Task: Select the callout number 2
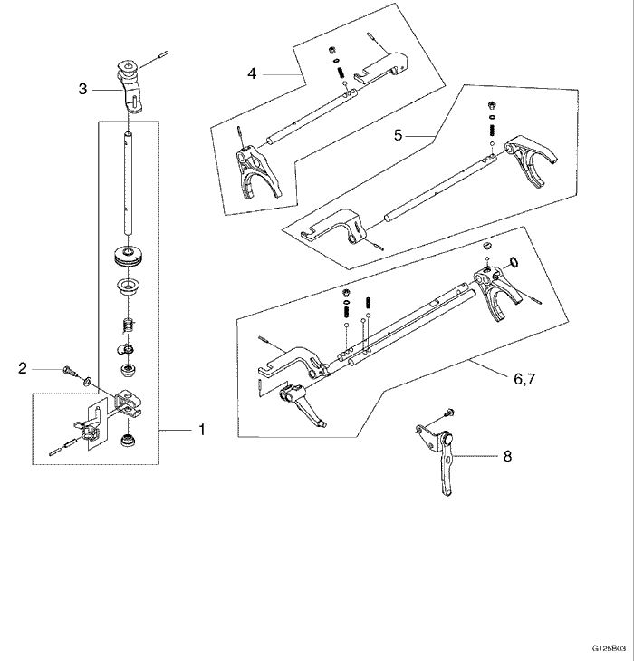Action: tap(23, 367)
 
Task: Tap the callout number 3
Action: tap(82, 88)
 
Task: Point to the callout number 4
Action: tap(252, 72)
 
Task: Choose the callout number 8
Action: tap(506, 456)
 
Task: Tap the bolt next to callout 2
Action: tap(69, 369)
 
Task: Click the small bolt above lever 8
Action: tap(449, 414)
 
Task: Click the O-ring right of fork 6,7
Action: tap(513, 264)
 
